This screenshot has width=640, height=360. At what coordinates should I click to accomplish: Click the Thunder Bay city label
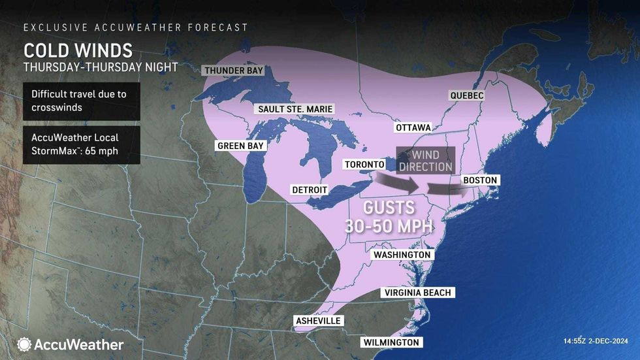click(233, 70)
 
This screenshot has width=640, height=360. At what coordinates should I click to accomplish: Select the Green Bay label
click(241, 146)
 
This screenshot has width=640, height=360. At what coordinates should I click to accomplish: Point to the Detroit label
click(309, 189)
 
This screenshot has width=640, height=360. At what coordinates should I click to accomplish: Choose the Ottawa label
click(413, 127)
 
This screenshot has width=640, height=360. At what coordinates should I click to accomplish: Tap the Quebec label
click(467, 95)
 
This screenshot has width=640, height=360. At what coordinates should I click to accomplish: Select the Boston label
click(480, 180)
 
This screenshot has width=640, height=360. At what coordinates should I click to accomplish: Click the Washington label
click(402, 254)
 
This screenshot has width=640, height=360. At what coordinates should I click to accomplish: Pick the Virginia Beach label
click(418, 292)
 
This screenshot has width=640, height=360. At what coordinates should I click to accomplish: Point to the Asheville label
click(318, 321)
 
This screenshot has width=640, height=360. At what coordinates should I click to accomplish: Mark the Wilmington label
click(391, 342)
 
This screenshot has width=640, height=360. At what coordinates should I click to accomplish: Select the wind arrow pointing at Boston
click(447, 189)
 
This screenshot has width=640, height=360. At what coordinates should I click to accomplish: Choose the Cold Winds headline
click(78, 50)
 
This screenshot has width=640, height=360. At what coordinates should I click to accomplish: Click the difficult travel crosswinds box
click(81, 101)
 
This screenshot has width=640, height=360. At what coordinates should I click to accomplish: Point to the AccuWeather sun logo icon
click(25, 344)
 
